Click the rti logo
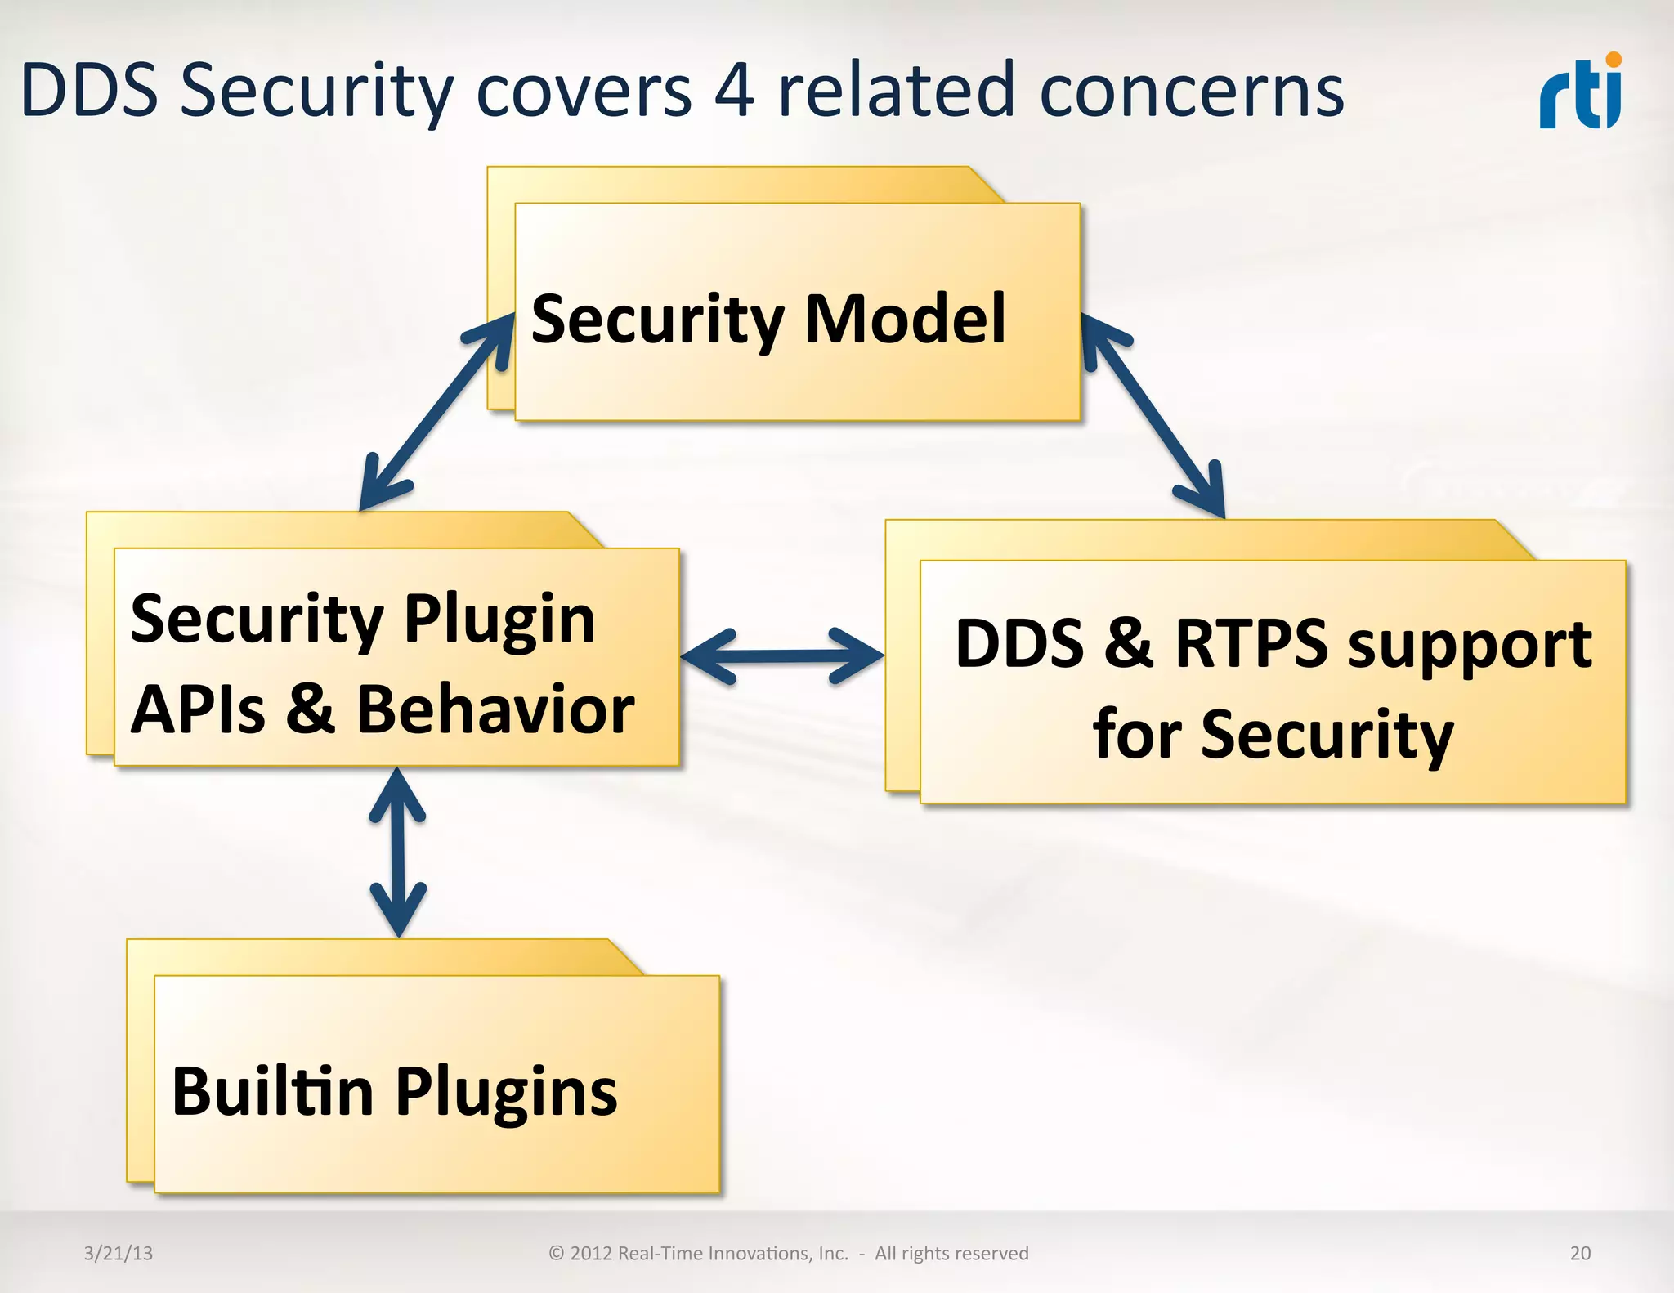pyautogui.click(x=1580, y=94)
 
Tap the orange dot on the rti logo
pyautogui.click(x=1613, y=60)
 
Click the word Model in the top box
pyautogui.click(x=905, y=319)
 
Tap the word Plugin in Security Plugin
pyautogui.click(x=499, y=620)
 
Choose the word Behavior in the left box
pyautogui.click(x=495, y=709)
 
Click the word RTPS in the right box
pyautogui.click(x=1251, y=644)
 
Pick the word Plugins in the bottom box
pyautogui.click(x=507, y=1093)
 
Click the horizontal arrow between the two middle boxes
pyautogui.click(x=782, y=655)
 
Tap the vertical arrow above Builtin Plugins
pyautogui.click(x=398, y=852)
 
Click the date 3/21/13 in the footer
pyautogui.click(x=119, y=1253)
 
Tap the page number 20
pyautogui.click(x=1580, y=1253)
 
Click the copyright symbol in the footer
pyautogui.click(x=557, y=1253)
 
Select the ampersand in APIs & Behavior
pyautogui.click(x=311, y=709)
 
